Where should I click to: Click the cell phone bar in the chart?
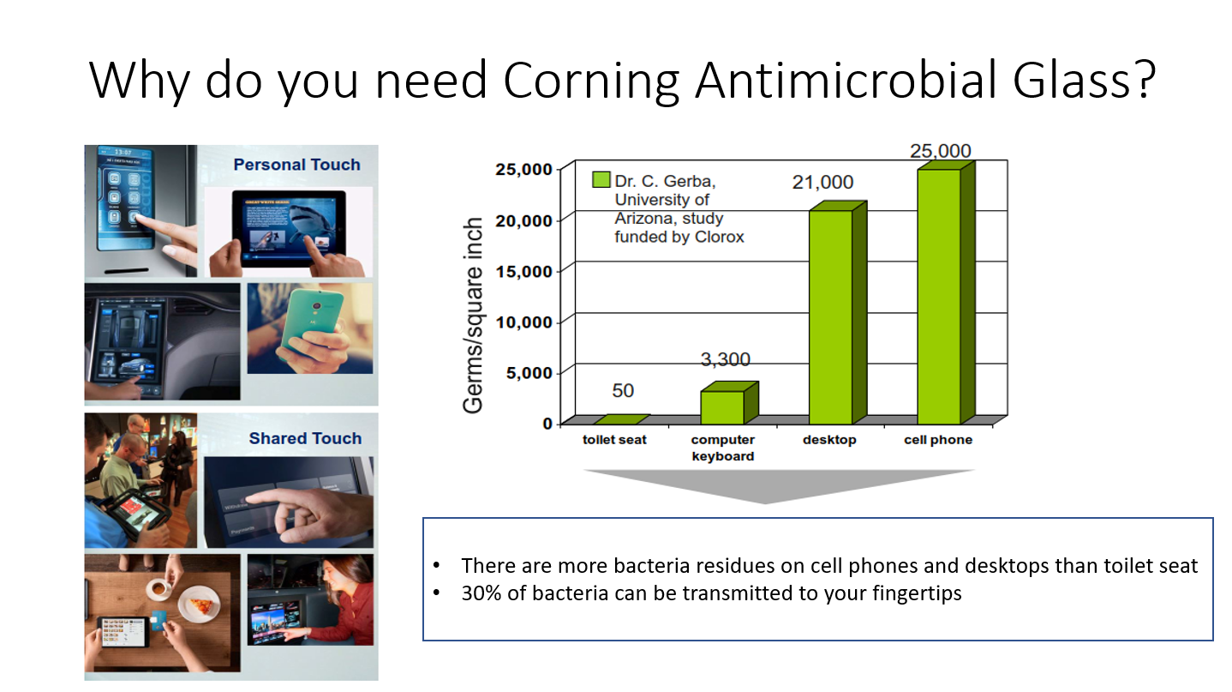(946, 292)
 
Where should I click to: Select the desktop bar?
(837, 313)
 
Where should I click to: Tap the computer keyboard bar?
(729, 402)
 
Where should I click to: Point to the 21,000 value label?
(822, 183)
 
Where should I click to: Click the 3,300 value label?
(725, 359)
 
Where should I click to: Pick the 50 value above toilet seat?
(623, 390)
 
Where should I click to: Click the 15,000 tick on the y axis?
(523, 272)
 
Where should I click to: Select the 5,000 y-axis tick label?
(529, 373)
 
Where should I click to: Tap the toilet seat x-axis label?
(614, 440)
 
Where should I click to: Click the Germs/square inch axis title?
(472, 316)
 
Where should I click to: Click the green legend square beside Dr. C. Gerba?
(601, 179)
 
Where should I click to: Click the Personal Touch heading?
(296, 165)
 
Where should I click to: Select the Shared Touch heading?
(305, 438)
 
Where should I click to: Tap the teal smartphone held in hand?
(312, 325)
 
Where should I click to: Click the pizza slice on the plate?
(201, 605)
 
